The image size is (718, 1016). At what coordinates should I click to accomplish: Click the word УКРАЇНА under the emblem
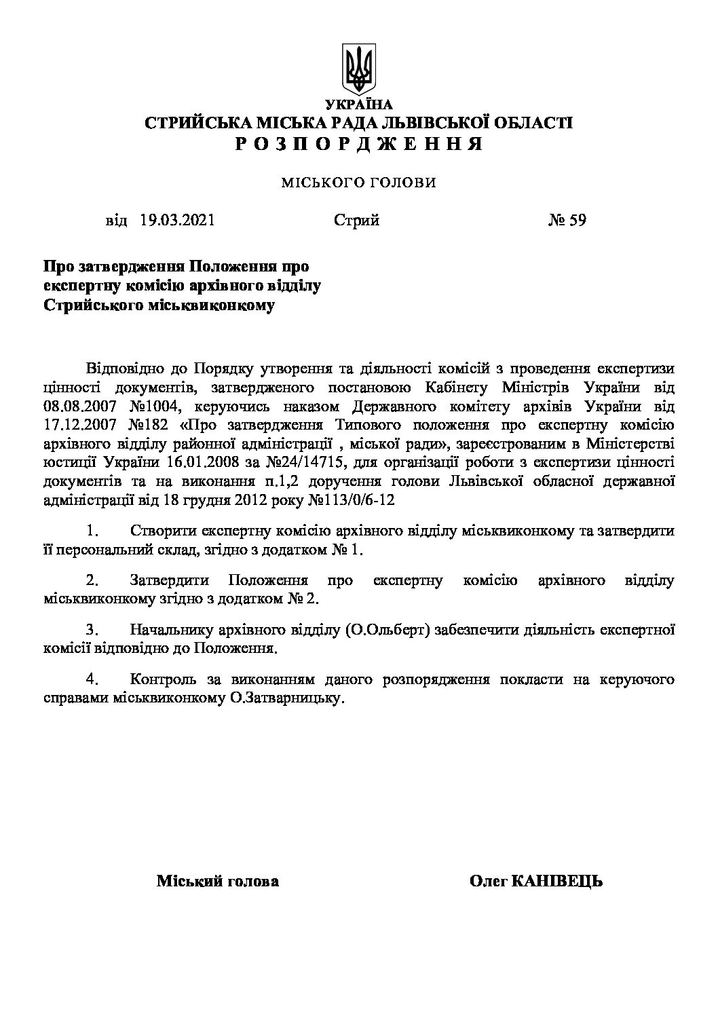358,105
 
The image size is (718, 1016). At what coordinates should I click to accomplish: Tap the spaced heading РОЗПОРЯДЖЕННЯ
358,143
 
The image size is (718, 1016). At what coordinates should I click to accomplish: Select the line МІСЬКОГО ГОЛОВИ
358,183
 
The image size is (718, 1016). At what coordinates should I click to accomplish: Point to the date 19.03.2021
178,221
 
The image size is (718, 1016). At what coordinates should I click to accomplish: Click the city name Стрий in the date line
356,221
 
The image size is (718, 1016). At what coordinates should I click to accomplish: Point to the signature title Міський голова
217,882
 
